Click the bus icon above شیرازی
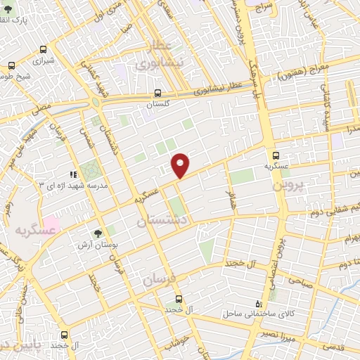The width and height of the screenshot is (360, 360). tap(44, 50)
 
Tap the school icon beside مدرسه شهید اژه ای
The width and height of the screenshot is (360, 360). tap(72, 174)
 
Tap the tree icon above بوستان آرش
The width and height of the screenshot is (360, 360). tap(98, 234)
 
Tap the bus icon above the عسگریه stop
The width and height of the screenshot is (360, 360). tap(275, 156)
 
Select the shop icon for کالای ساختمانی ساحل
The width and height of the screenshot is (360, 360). tap(259, 303)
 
